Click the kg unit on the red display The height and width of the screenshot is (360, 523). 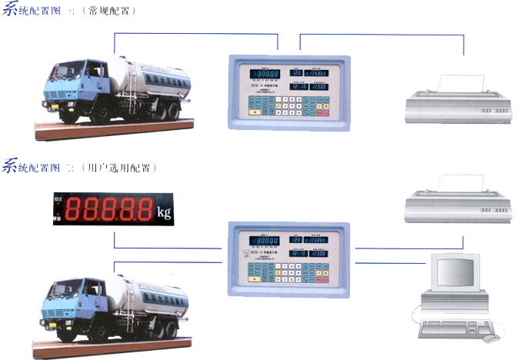(164, 211)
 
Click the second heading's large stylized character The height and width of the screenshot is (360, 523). (11, 165)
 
